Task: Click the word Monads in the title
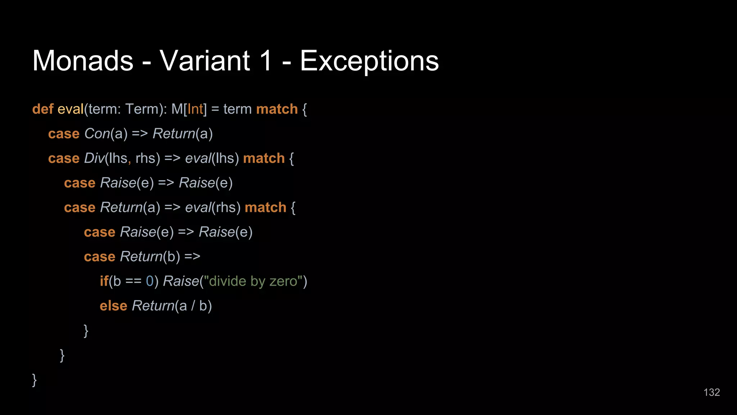(83, 61)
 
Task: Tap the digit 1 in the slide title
(266, 61)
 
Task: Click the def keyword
(42, 109)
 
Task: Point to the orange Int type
(195, 109)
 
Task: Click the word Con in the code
(97, 134)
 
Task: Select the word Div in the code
(94, 158)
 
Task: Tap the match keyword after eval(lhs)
(264, 158)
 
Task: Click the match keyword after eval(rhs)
(265, 207)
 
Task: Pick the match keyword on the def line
(277, 109)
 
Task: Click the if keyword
(104, 281)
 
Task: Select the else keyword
(113, 306)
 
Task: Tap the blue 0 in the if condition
(150, 281)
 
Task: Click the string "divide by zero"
(253, 281)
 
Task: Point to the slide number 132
(711, 392)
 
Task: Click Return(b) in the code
(150, 256)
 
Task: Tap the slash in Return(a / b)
(193, 306)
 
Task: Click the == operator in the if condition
(133, 281)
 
